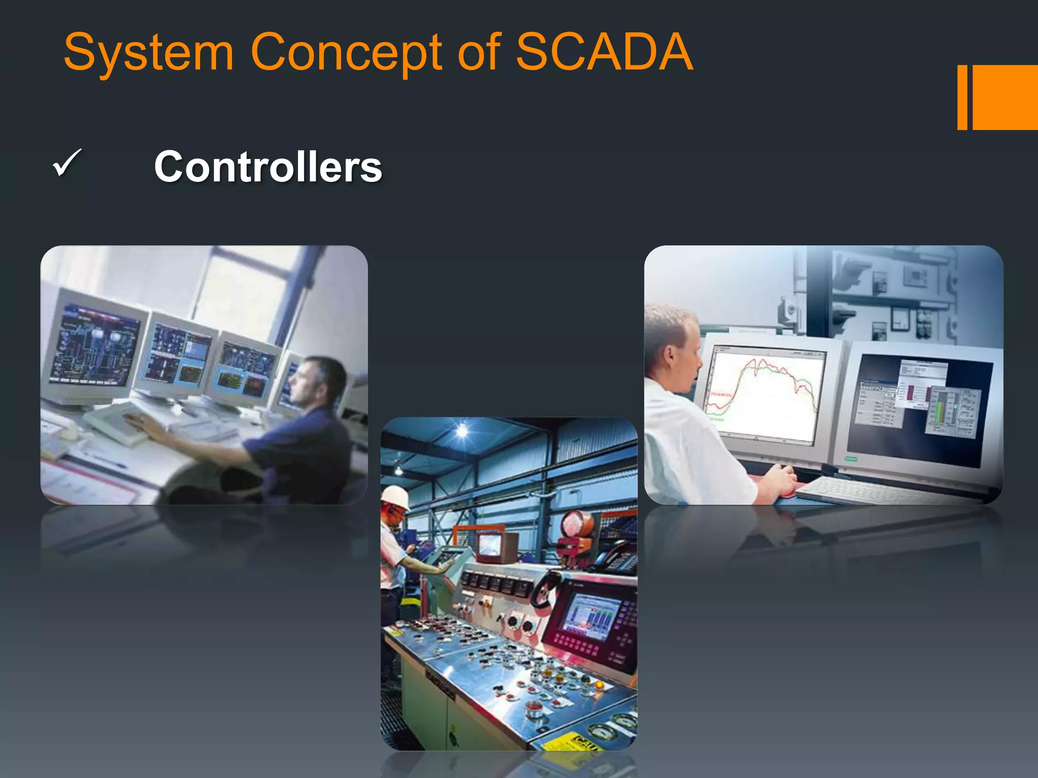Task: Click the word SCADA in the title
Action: [604, 52]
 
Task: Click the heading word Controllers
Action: [268, 167]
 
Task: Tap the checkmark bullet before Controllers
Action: [66, 163]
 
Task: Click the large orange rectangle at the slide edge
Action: [1005, 97]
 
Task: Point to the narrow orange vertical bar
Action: [962, 97]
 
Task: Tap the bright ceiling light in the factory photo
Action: [462, 431]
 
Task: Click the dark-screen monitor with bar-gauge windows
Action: [917, 405]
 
